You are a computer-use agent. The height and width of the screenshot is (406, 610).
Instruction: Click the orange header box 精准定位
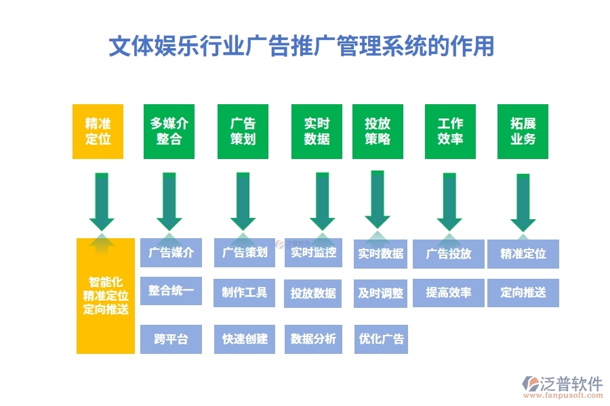click(98, 131)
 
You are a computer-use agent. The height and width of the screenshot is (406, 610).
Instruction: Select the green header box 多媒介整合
click(169, 131)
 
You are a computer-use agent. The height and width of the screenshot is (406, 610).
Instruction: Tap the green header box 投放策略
click(378, 131)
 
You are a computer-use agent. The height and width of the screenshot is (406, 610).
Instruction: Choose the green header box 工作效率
click(449, 131)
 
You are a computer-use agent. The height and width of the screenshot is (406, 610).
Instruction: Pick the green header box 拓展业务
click(523, 131)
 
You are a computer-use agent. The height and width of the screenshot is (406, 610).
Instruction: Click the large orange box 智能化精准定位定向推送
click(105, 296)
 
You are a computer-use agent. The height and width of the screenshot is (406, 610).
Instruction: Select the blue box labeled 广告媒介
click(171, 253)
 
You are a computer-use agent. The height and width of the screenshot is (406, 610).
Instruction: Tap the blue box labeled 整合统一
click(171, 291)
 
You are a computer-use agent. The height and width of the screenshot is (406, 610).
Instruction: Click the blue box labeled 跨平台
click(171, 339)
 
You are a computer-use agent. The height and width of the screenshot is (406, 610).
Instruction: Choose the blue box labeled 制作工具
click(245, 292)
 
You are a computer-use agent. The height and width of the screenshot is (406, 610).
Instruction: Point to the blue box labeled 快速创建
click(245, 339)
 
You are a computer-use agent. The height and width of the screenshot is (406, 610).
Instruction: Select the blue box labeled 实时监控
click(313, 253)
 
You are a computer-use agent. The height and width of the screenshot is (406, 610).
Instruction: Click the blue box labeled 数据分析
click(313, 339)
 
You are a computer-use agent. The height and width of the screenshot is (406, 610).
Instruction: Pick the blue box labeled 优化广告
click(380, 339)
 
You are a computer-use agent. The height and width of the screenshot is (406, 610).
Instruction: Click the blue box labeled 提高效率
click(448, 292)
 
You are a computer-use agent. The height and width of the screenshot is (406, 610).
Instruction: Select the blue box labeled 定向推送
click(523, 292)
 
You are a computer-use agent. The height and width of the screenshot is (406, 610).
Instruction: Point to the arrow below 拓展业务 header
click(523, 202)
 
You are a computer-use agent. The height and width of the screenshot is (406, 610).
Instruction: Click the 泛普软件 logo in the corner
click(562, 387)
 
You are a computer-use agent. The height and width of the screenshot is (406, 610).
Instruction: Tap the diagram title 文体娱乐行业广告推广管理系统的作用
click(302, 46)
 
